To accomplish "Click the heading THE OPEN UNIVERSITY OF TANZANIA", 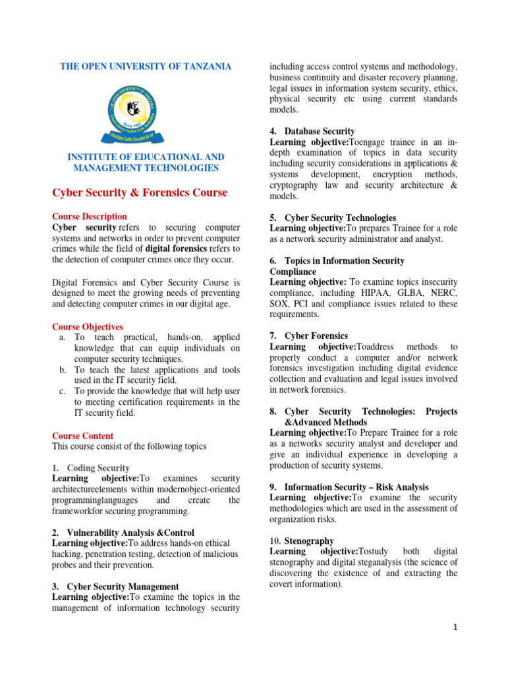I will click(146, 67).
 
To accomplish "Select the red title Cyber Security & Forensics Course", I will click(140, 192).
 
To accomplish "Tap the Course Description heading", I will click(90, 216).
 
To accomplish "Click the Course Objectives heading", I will click(88, 327).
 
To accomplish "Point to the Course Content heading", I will click(82, 436).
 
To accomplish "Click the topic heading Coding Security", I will click(98, 467).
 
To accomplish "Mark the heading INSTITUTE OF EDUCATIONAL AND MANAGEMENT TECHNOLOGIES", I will click(146, 163).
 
